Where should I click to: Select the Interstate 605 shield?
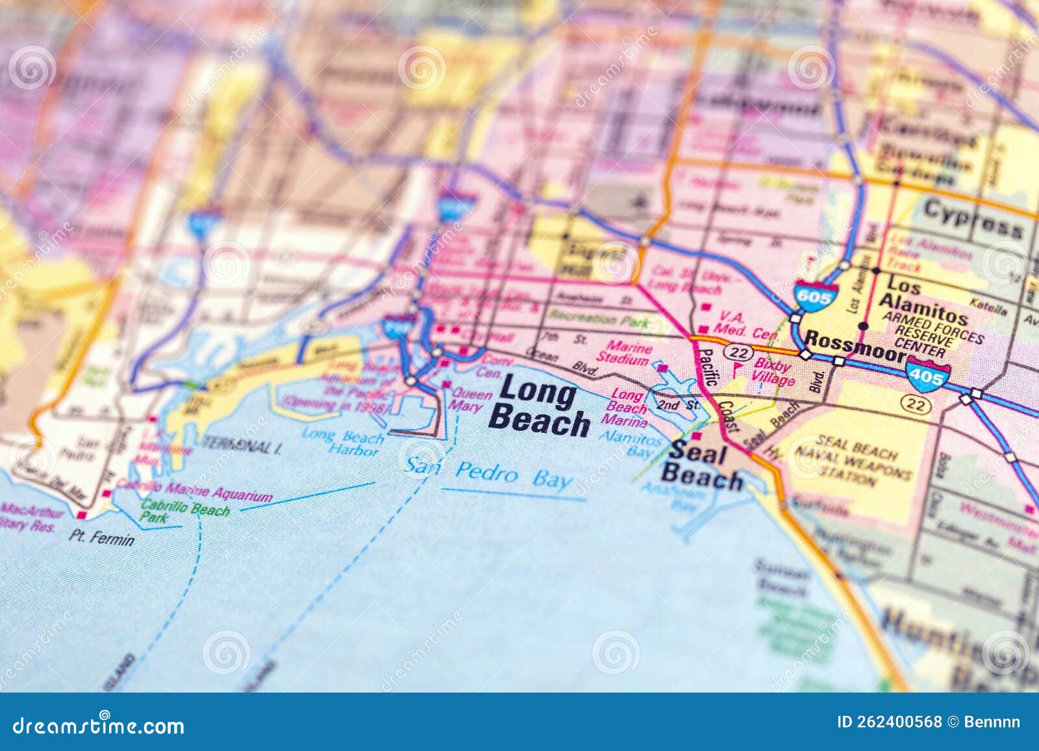(x=816, y=296)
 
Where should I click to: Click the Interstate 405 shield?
(x=929, y=373)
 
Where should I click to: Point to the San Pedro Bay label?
(x=488, y=473)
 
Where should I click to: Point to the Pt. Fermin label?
(x=102, y=537)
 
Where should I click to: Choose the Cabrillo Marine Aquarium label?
(x=194, y=491)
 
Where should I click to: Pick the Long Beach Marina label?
(x=629, y=408)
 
